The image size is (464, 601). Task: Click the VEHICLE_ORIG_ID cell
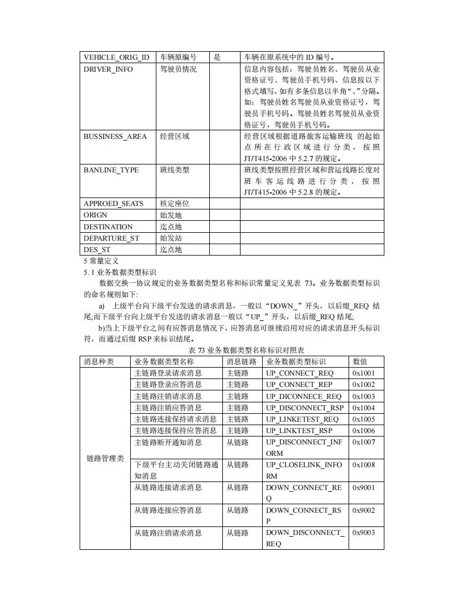(x=117, y=57)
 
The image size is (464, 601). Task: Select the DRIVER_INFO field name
(x=108, y=69)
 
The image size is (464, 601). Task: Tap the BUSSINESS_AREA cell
(x=115, y=137)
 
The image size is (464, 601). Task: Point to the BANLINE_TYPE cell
(x=111, y=170)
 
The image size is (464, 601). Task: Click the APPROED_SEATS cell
(x=113, y=204)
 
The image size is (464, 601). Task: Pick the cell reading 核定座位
(x=175, y=204)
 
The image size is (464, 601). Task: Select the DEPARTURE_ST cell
(x=111, y=238)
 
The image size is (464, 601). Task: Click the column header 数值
(x=360, y=362)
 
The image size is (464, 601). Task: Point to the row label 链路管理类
(x=105, y=459)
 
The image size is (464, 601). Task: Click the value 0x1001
(x=363, y=373)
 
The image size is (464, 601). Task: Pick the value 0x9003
(x=363, y=533)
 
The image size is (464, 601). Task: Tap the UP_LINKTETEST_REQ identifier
(x=302, y=419)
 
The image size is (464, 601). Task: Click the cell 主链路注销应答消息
(x=168, y=408)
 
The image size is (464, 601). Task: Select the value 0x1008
(x=363, y=465)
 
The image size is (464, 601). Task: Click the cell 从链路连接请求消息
(x=168, y=488)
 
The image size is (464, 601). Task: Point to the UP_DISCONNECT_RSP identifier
(x=305, y=408)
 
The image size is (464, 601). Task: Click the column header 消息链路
(x=242, y=362)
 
